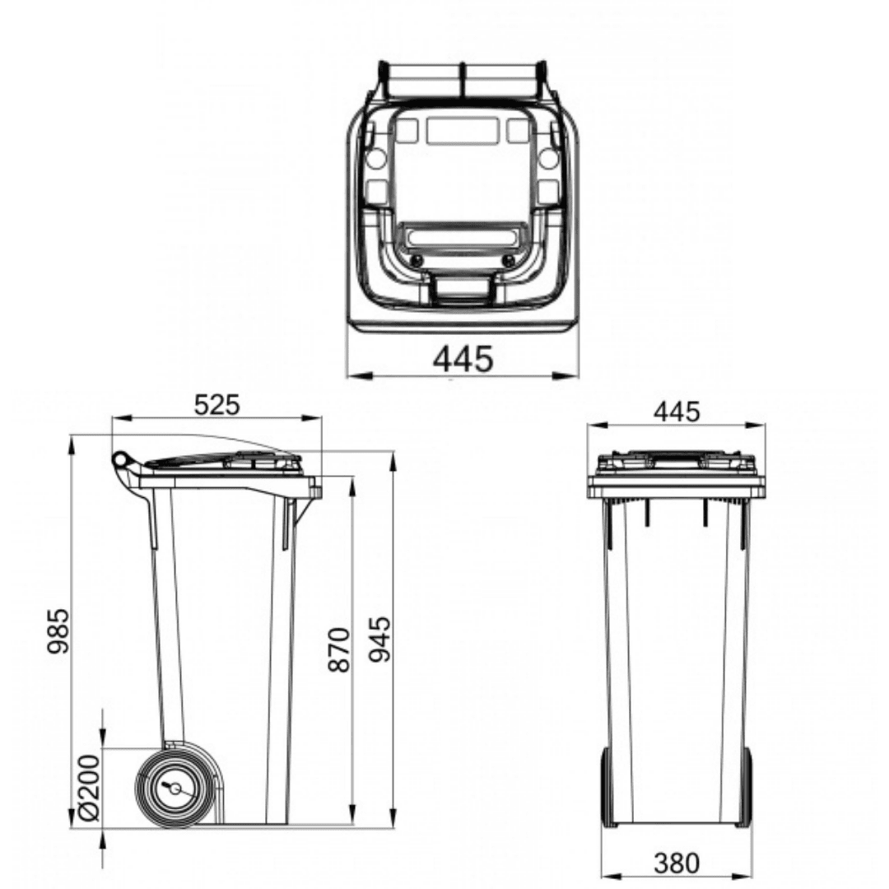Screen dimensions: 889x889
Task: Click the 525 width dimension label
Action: click(216, 405)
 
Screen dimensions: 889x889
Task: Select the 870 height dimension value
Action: click(340, 649)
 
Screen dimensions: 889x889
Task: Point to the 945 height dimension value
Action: click(379, 639)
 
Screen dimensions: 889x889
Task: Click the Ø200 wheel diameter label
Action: click(89, 788)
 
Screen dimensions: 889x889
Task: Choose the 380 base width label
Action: click(677, 863)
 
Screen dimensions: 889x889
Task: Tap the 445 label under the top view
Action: click(463, 359)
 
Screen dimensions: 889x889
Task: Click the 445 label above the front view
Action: click(677, 412)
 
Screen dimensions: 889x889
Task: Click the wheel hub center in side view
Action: click(175, 789)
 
